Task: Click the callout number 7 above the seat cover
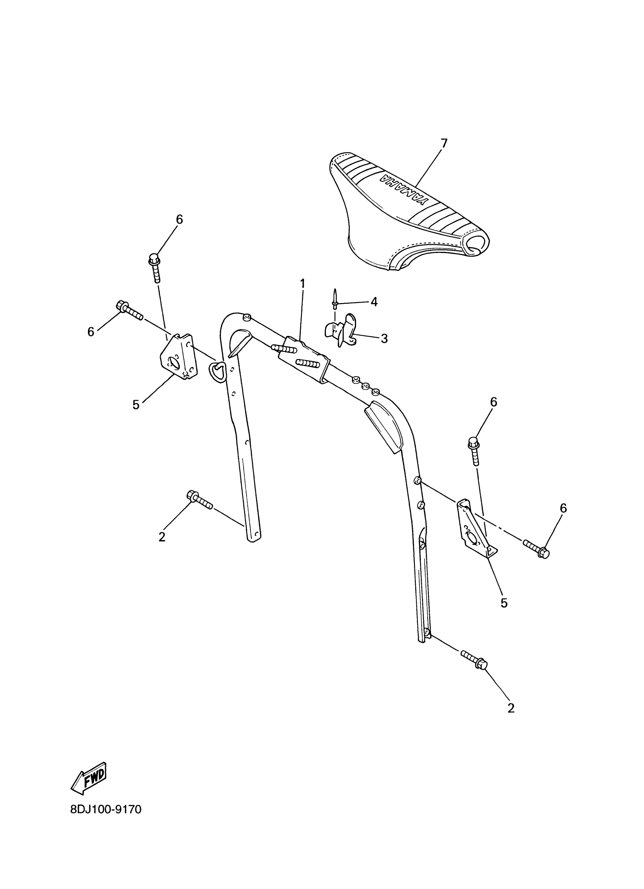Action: pos(443,144)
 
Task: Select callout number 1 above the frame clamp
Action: pos(303,283)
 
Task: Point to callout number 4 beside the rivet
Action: pos(374,302)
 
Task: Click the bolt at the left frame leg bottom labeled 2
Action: pos(200,500)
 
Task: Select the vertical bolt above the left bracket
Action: pos(155,267)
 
